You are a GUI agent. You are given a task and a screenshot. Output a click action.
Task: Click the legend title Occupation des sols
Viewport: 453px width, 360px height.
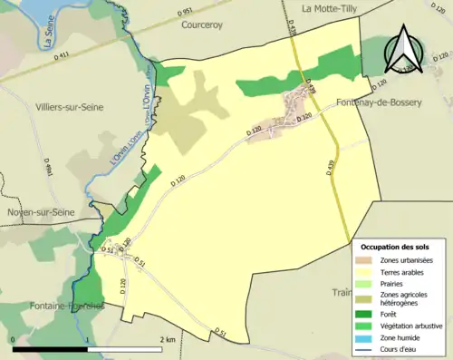(395, 247)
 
